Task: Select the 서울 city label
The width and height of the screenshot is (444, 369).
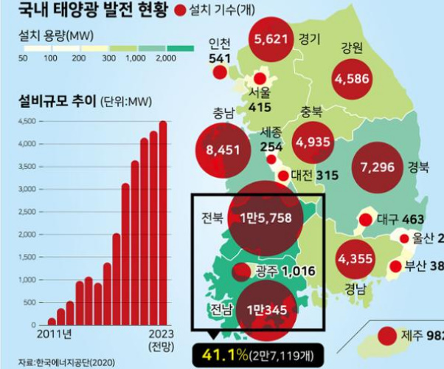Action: (260, 94)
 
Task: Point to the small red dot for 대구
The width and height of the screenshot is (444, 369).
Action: (366, 219)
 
